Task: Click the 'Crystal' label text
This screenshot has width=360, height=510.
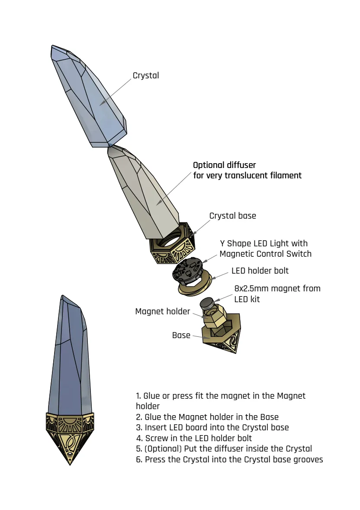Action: pos(146,75)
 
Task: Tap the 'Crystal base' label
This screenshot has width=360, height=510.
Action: pos(232,216)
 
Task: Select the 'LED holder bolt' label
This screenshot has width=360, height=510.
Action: pos(260,271)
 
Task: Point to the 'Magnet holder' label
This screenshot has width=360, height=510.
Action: pos(163,311)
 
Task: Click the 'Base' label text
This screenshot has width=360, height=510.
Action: pos(181,335)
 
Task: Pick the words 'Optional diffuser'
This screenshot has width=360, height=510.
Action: pos(225,165)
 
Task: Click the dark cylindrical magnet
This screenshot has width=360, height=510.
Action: pos(206,303)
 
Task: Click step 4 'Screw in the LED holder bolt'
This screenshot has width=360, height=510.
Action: pos(194,438)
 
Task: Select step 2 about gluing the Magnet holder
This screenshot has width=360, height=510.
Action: pos(207,417)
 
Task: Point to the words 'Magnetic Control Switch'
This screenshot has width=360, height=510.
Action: pos(265,254)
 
